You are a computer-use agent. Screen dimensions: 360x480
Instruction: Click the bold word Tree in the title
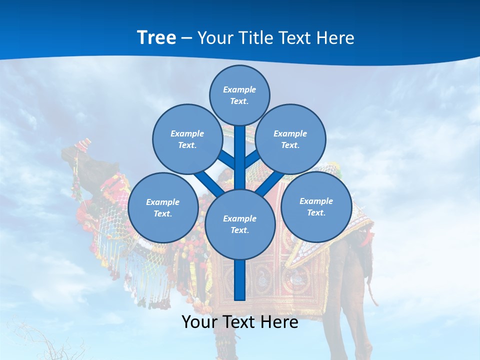click(156, 38)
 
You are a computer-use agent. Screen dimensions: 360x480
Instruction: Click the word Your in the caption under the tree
click(200, 322)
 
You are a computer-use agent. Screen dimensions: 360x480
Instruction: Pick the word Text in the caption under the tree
click(239, 322)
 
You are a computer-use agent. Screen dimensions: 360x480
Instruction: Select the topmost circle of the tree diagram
click(239, 95)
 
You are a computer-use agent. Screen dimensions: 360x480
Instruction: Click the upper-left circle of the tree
click(187, 139)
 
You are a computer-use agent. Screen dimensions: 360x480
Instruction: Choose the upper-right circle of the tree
click(290, 139)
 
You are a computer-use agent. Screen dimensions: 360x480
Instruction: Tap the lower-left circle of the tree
click(163, 207)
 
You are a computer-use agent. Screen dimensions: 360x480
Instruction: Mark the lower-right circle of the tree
click(316, 206)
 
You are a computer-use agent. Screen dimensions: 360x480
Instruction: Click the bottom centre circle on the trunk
click(240, 224)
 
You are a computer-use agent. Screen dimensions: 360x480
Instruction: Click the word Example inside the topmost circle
click(239, 90)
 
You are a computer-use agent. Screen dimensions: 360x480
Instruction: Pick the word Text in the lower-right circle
click(316, 212)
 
